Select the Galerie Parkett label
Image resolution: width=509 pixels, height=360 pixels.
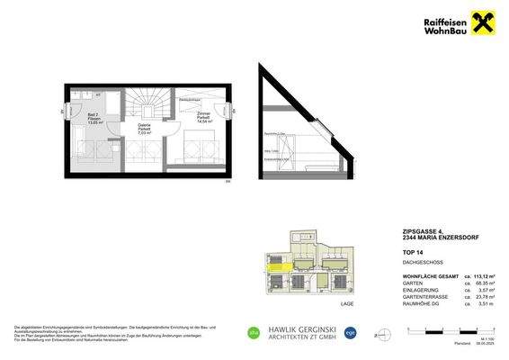point(144,128)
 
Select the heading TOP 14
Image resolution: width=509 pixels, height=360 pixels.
point(412,254)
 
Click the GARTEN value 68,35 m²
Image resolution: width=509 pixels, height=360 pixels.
point(484,282)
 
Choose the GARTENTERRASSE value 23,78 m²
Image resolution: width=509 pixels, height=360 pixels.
point(484,296)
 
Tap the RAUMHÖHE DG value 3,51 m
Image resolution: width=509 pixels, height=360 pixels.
point(486,303)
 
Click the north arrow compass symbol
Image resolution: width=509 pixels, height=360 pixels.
point(456,335)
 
